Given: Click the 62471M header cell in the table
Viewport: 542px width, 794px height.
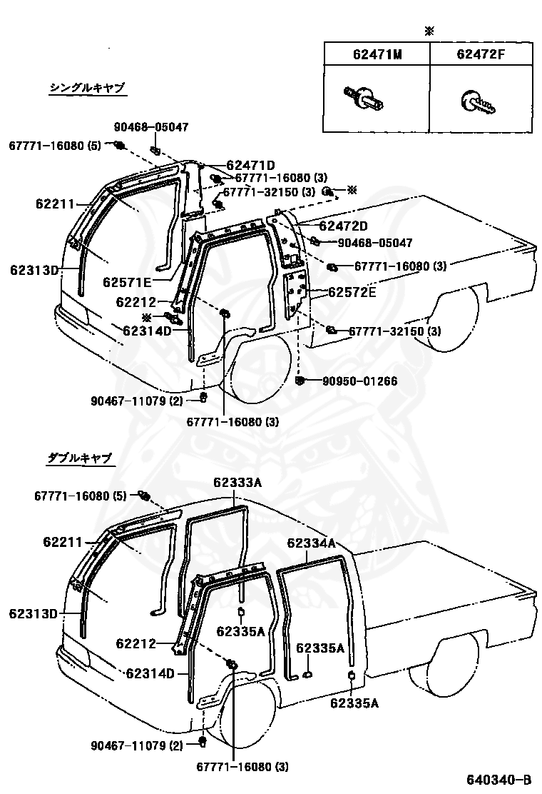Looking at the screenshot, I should coord(375,54).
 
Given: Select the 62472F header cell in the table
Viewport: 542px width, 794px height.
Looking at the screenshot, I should coord(481,54).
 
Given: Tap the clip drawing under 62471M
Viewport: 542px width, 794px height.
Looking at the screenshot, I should coord(365,97).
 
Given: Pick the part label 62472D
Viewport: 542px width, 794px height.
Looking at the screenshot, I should coord(343,226).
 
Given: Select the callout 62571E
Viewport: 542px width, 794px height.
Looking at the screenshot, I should coord(126,281).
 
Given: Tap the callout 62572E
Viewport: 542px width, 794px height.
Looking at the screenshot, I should coord(352,292).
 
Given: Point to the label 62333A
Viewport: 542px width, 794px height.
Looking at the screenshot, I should coord(237,483).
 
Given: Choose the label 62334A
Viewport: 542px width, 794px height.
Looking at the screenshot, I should coord(311,543).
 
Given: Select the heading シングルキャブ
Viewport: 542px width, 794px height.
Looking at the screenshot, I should coord(87,88).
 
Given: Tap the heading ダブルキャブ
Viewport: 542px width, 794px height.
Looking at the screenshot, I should coord(80,458).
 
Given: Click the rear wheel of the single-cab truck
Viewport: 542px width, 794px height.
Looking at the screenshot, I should coord(453,320).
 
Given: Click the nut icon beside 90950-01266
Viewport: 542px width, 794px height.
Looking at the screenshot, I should coord(300,379).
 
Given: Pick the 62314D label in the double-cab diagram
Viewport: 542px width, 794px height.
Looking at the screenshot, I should coord(150,673).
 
